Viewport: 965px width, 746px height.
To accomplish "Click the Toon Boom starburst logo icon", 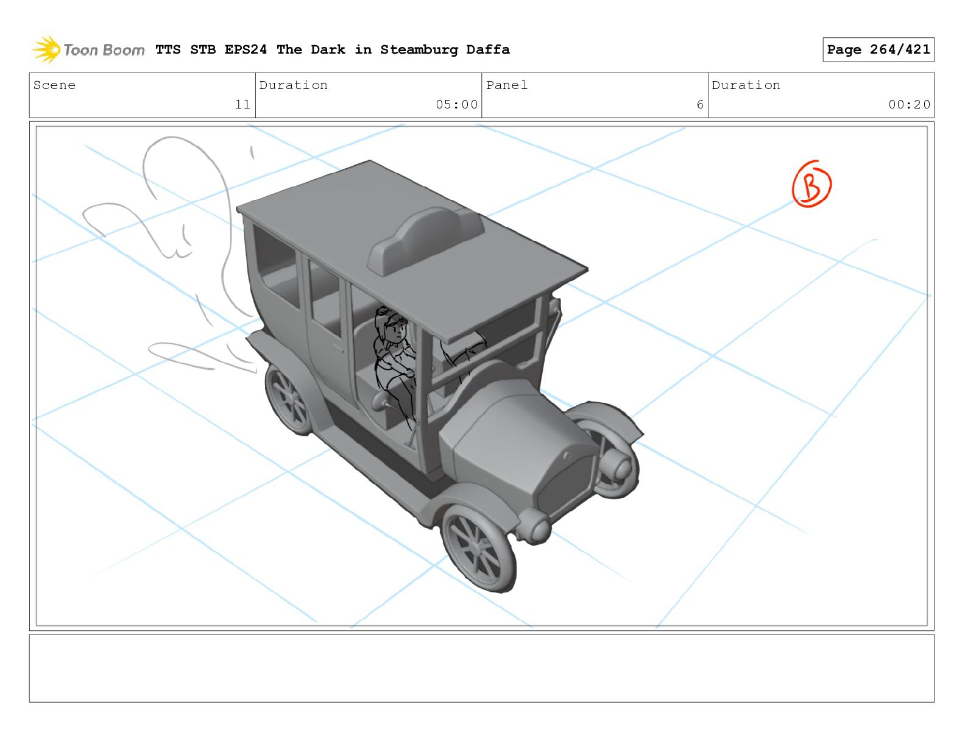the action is point(46,49).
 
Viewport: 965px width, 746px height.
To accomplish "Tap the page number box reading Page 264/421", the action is point(878,49).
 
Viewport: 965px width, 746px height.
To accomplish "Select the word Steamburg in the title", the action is point(419,50).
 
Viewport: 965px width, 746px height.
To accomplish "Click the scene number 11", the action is point(242,104).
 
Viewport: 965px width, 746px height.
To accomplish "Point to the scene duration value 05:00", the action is point(456,104).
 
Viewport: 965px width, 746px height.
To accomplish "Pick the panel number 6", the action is point(700,104).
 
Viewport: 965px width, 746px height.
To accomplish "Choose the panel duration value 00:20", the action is point(909,104).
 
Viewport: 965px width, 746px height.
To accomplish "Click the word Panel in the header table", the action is point(507,85).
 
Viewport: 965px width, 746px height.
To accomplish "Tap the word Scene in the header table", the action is point(54,85).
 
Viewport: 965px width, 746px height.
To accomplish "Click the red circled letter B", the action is point(812,184).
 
